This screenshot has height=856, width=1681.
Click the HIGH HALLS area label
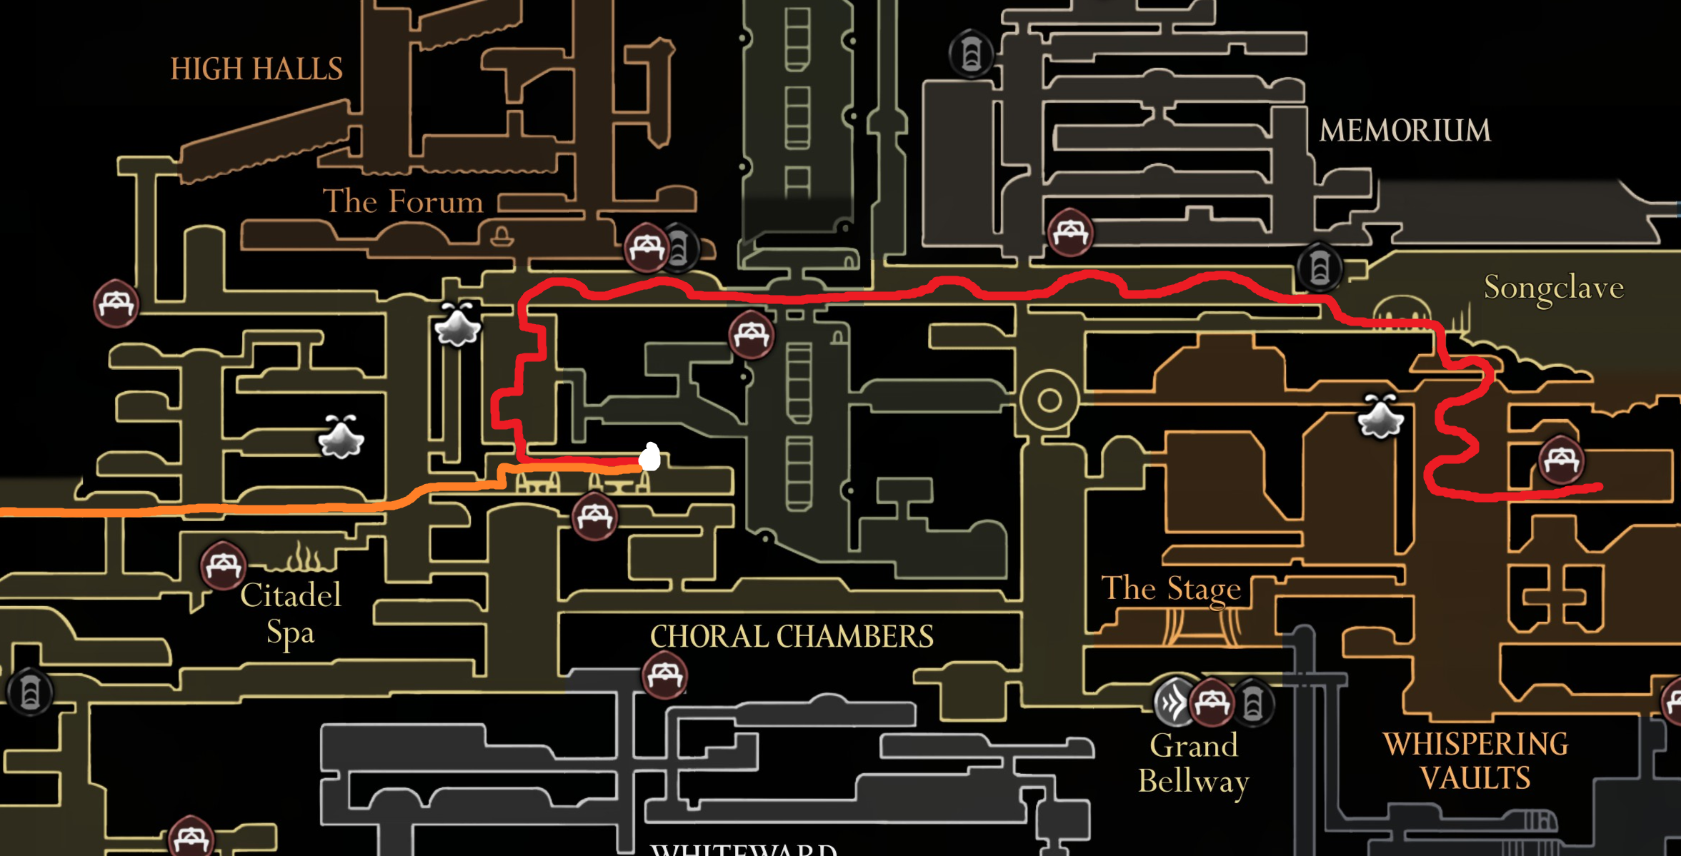tap(256, 69)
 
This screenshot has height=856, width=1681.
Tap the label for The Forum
tap(403, 201)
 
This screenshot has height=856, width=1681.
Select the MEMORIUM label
tap(1405, 131)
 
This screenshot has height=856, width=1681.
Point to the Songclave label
tap(1553, 288)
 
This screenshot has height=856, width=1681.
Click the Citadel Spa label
tap(290, 613)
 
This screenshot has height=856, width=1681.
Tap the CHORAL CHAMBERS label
tap(792, 636)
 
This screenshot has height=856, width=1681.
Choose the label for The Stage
tap(1171, 588)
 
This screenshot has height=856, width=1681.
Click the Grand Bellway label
tap(1194, 763)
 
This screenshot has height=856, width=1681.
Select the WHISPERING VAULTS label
tap(1475, 761)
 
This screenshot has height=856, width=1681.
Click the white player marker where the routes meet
tap(650, 457)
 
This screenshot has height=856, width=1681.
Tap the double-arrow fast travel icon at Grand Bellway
tap(1172, 703)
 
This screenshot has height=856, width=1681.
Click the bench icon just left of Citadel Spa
tap(223, 566)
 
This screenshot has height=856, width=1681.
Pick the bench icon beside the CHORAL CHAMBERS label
tap(664, 675)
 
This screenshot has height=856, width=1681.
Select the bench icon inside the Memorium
tap(1069, 232)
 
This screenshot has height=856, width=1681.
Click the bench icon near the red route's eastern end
tap(1561, 460)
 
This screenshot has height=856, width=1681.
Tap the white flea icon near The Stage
tap(1380, 418)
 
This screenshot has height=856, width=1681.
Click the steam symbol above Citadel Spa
tap(306, 557)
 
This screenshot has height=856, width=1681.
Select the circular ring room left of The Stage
tap(1049, 400)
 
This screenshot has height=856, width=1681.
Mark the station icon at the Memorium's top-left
tap(971, 54)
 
